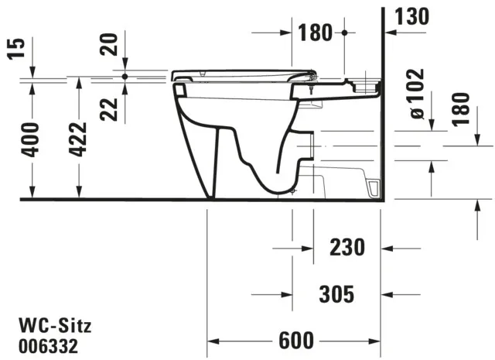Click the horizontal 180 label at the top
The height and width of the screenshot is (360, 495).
pos(316,33)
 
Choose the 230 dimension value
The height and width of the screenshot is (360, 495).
pos(346,248)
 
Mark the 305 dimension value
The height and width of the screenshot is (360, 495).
pos(337,293)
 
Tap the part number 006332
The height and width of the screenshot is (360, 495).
pos(48,341)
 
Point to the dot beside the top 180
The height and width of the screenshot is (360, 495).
pos(344,33)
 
